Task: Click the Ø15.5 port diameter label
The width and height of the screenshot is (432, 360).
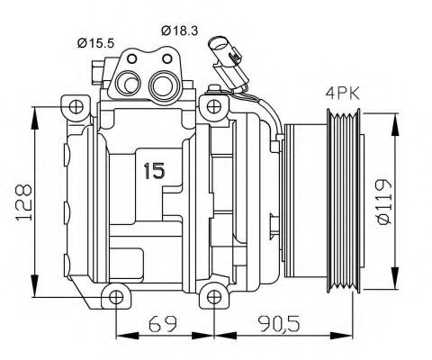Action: pos(95,42)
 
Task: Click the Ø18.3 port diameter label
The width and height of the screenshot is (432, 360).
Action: pos(179,30)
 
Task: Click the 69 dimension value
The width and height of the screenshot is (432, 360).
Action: pos(159,321)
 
